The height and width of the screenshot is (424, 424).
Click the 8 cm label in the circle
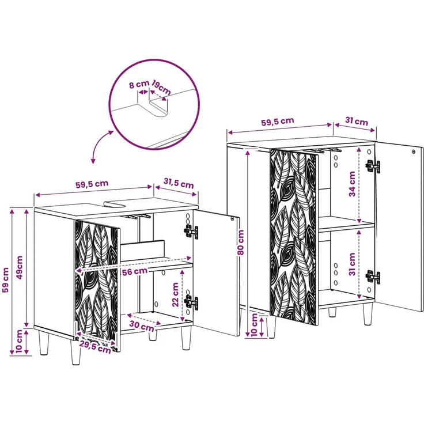tap(139, 84)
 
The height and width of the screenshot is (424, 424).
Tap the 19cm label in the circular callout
tap(161, 87)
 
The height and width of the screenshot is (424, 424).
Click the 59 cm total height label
tap(6, 280)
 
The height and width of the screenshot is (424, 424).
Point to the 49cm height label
tap(19, 268)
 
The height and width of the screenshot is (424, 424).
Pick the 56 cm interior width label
tap(135, 271)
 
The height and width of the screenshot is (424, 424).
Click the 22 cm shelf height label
tap(176, 294)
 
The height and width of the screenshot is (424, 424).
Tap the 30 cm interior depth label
tap(141, 325)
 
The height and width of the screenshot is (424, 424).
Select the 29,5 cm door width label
tap(95, 346)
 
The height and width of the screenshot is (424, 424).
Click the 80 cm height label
tap(240, 243)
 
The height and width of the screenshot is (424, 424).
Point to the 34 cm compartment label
tap(352, 184)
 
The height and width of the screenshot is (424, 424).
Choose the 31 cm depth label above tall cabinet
tap(357, 122)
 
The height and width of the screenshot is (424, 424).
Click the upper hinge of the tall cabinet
tap(373, 166)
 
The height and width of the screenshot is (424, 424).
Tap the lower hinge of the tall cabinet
tap(372, 277)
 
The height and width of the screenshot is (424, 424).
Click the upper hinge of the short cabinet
tap(191, 232)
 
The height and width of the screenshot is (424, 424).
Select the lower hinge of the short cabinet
tap(191, 302)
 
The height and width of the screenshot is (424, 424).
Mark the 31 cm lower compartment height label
tap(352, 264)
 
